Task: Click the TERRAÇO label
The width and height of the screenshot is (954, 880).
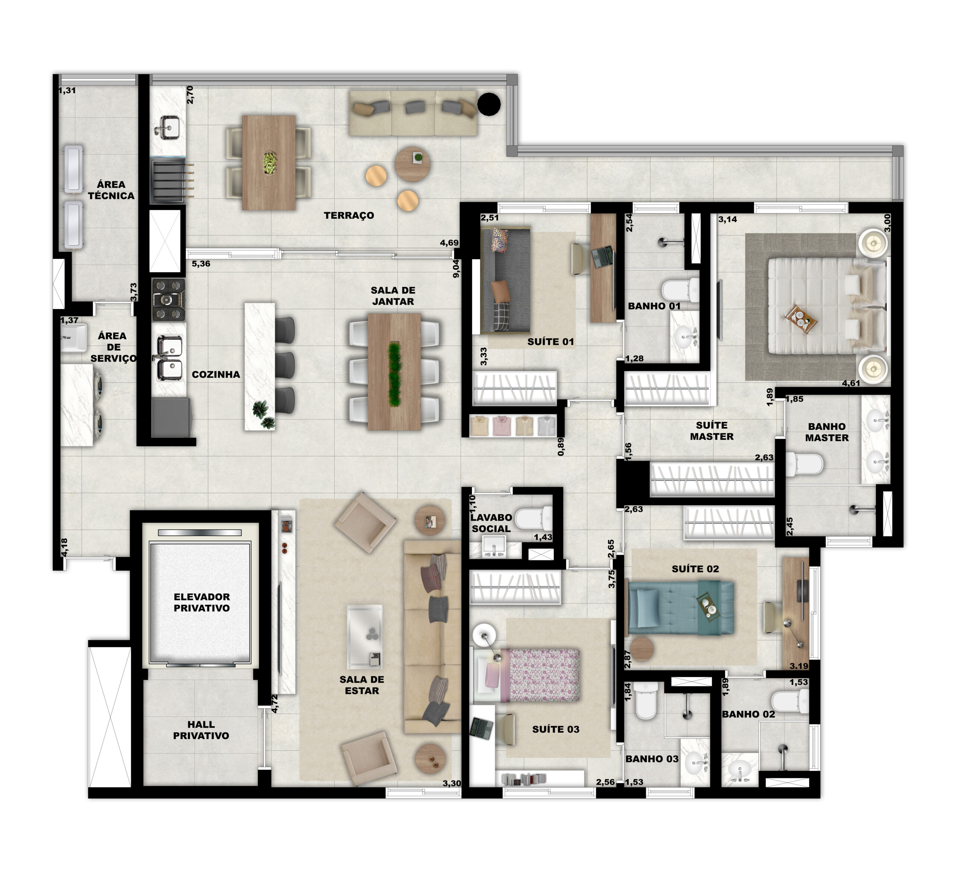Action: pyautogui.click(x=349, y=216)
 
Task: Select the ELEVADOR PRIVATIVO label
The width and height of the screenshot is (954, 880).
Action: pyautogui.click(x=202, y=602)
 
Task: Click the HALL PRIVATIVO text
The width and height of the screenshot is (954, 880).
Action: pyautogui.click(x=201, y=730)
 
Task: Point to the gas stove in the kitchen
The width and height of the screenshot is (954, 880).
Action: pyautogui.click(x=168, y=300)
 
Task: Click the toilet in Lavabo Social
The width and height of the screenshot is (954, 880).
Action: pyautogui.click(x=533, y=518)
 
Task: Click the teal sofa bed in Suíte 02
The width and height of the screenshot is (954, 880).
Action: pyautogui.click(x=681, y=607)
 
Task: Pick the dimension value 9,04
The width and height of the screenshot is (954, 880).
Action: pyautogui.click(x=456, y=268)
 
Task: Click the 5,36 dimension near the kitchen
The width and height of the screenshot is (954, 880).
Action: pyautogui.click(x=201, y=264)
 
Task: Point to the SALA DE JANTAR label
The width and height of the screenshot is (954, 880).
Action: pyautogui.click(x=393, y=296)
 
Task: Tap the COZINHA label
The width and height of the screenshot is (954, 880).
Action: pyautogui.click(x=216, y=375)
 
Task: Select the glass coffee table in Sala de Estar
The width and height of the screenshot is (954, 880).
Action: pyautogui.click(x=365, y=637)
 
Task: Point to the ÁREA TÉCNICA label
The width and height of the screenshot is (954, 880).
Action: pyautogui.click(x=111, y=190)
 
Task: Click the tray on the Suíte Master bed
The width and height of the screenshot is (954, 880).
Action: pyautogui.click(x=802, y=319)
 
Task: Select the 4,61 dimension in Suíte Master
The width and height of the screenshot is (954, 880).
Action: pyautogui.click(x=851, y=383)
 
